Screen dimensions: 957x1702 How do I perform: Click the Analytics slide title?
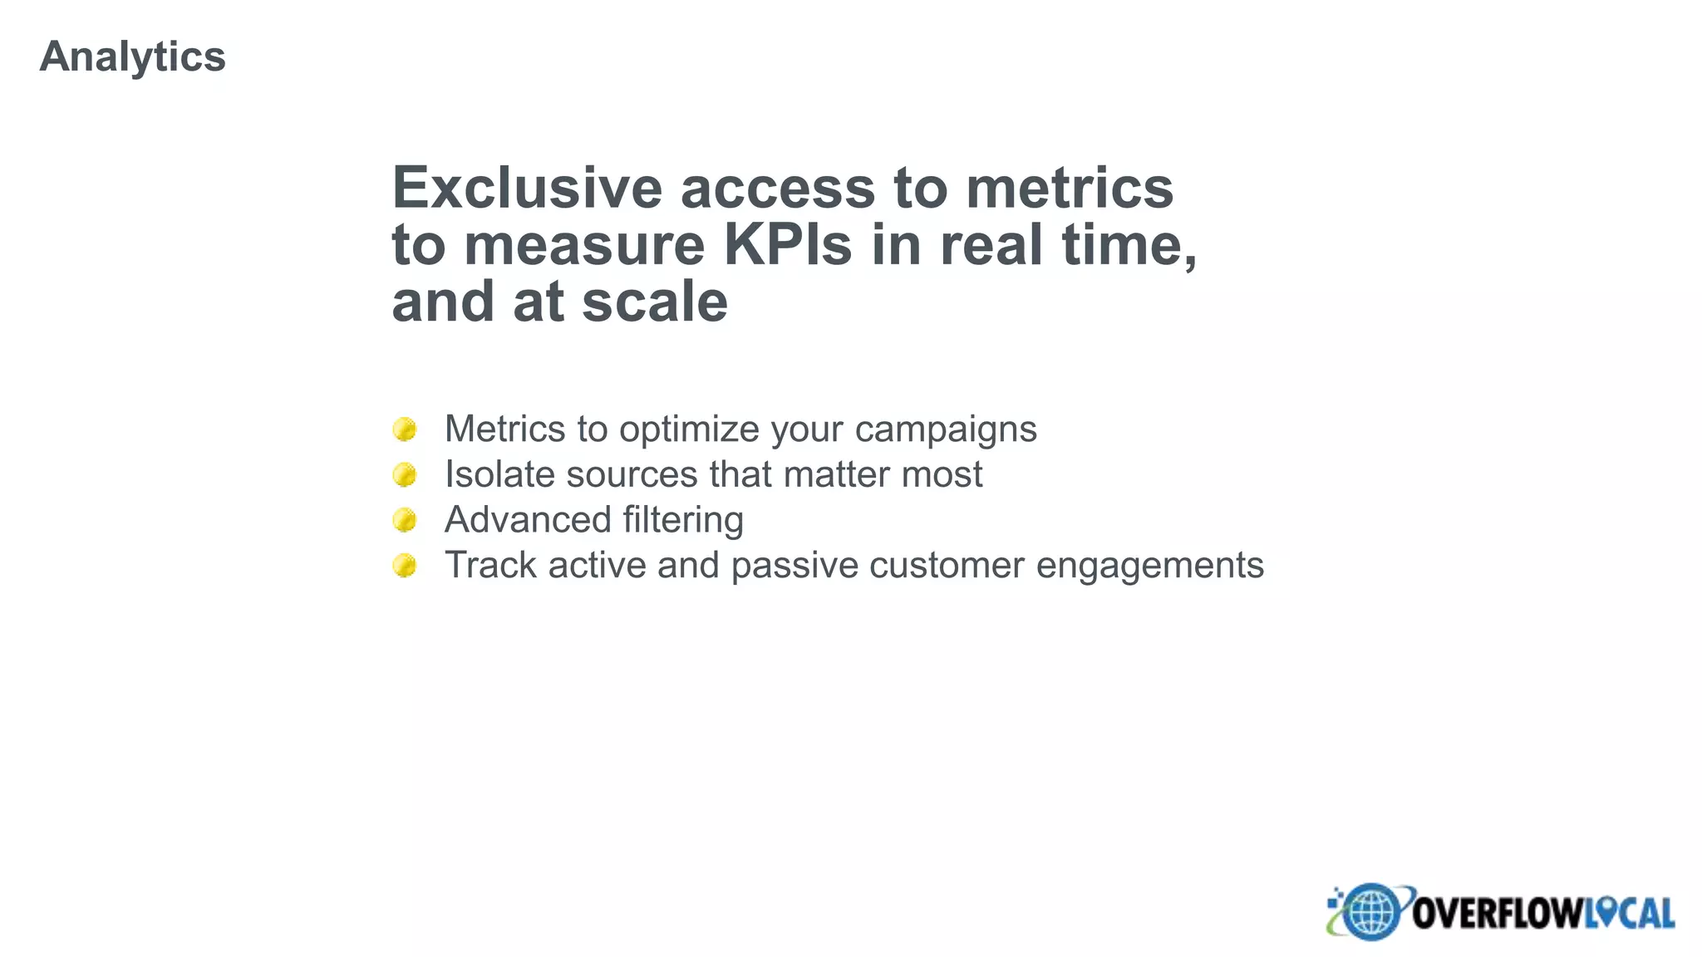click(x=132, y=56)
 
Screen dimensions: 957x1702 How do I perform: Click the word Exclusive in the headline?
click(x=527, y=188)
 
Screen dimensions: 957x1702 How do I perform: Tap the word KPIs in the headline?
click(x=788, y=245)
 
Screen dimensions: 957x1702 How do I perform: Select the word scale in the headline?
click(x=655, y=302)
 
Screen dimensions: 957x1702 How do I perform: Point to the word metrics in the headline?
click(x=1070, y=188)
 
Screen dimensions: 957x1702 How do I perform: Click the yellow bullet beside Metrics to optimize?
click(x=405, y=429)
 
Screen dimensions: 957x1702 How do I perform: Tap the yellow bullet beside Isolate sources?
click(x=405, y=475)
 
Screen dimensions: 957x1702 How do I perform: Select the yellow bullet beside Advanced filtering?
click(x=405, y=520)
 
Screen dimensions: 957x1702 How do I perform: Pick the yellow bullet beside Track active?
click(x=405, y=566)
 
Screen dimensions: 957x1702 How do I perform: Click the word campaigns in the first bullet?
click(x=946, y=430)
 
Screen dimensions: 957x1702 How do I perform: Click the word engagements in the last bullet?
click(x=1150, y=567)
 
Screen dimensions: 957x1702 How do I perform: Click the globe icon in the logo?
click(x=1370, y=912)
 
